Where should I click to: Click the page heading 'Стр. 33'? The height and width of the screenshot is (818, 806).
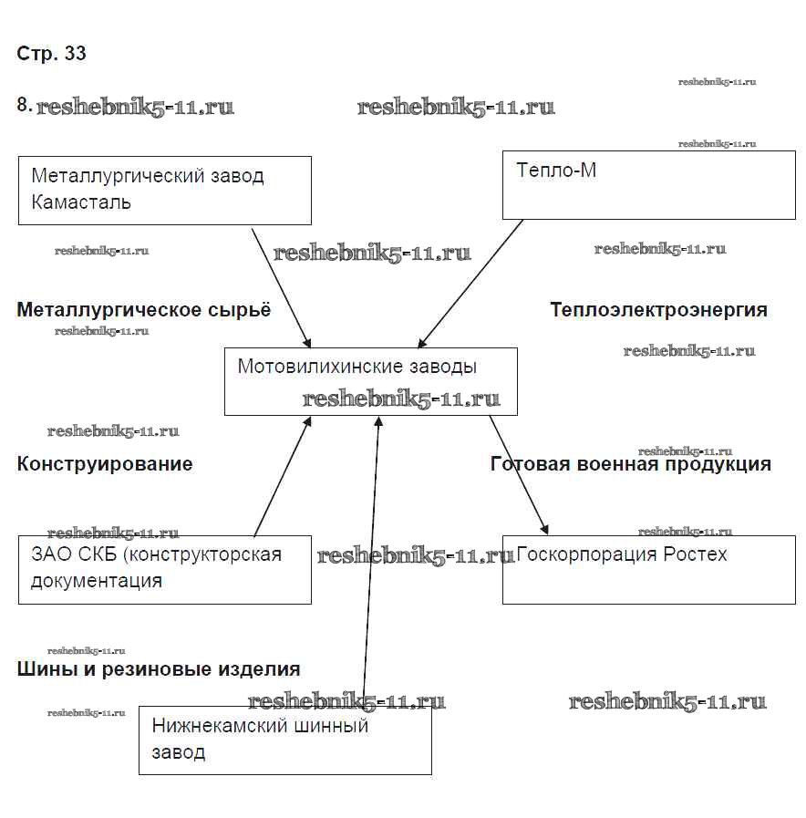click(x=51, y=54)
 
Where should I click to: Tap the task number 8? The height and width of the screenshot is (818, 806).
click(x=24, y=105)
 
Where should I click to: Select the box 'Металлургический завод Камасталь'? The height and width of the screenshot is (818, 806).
click(x=165, y=190)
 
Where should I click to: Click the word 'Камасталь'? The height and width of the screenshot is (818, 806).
click(x=81, y=202)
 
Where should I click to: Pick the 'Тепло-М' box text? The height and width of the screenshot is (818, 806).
click(x=556, y=171)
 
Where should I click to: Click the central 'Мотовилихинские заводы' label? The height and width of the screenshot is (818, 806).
click(x=356, y=367)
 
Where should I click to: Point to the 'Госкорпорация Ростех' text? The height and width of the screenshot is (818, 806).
click(x=622, y=554)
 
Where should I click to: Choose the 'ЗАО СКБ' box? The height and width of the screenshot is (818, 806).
click(x=165, y=569)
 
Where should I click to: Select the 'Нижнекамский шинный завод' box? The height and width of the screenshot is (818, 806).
click(x=284, y=740)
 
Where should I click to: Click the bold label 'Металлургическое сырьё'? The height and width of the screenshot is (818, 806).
click(x=144, y=310)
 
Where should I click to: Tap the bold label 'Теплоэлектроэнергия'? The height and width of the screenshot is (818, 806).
click(x=658, y=310)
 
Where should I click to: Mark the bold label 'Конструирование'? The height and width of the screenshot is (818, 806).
click(x=105, y=464)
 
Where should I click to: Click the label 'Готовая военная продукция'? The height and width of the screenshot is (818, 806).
click(x=631, y=464)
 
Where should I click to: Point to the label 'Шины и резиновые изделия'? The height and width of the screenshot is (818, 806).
click(x=159, y=669)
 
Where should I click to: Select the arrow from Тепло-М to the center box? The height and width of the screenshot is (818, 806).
click(x=470, y=284)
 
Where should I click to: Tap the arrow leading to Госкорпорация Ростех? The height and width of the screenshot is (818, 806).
click(x=519, y=475)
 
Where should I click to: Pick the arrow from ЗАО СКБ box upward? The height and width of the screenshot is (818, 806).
click(x=282, y=477)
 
